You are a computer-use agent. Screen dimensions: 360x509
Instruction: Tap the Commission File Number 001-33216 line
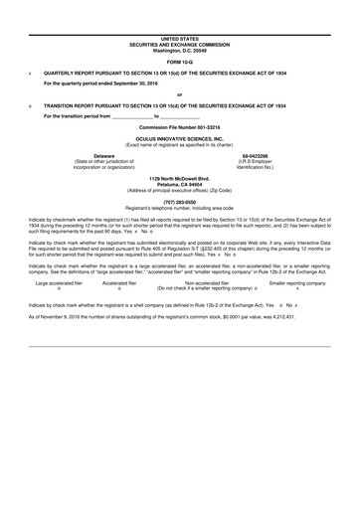(x=180, y=128)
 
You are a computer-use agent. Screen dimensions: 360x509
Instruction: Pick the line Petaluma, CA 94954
(x=180, y=185)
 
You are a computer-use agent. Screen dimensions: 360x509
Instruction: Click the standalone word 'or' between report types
(x=180, y=95)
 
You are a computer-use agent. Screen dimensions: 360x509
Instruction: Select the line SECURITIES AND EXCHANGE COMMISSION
(x=180, y=43)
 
